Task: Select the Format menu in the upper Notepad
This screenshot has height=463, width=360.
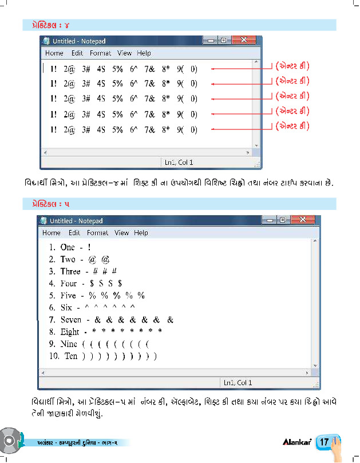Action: (x=100, y=53)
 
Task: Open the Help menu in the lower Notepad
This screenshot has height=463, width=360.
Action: (x=141, y=233)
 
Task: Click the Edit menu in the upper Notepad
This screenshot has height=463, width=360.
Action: (x=77, y=53)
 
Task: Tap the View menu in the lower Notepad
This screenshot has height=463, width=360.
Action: (x=121, y=233)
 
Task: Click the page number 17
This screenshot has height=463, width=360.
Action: (x=324, y=442)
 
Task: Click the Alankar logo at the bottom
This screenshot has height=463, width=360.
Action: (x=296, y=442)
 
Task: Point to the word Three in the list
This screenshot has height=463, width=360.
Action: (x=70, y=271)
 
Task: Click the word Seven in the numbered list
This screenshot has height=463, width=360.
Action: (x=71, y=320)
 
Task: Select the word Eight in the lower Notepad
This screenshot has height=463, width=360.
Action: (x=70, y=332)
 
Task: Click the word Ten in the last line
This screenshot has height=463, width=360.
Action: (x=71, y=356)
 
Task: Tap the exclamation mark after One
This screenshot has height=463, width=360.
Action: (x=89, y=247)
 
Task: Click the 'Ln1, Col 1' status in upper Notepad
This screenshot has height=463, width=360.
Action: (x=179, y=163)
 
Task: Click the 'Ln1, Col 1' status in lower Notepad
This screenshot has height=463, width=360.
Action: (x=238, y=382)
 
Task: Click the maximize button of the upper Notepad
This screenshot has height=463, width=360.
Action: (x=223, y=41)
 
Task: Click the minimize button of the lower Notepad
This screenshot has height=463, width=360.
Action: (x=268, y=220)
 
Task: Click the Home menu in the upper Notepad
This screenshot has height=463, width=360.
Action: (x=54, y=53)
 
